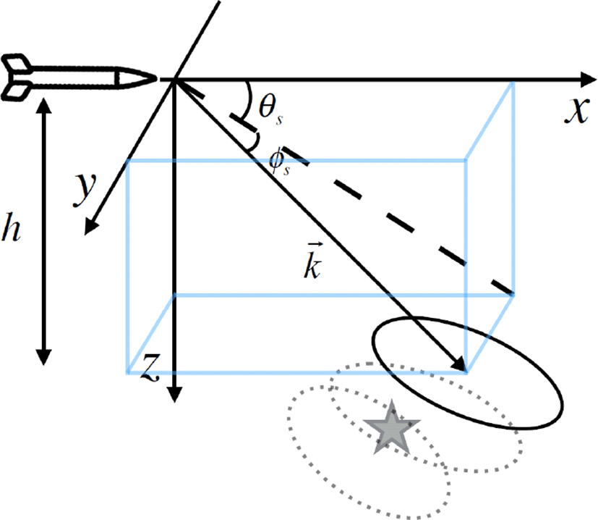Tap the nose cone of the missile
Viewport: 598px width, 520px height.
[x=136, y=78]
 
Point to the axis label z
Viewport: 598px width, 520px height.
[x=150, y=366]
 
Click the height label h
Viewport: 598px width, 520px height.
[x=12, y=227]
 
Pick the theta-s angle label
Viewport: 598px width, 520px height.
[x=270, y=109]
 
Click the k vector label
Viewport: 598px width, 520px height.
[x=312, y=261]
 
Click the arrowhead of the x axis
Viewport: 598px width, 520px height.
[x=587, y=80]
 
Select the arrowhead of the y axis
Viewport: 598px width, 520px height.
[x=90, y=227]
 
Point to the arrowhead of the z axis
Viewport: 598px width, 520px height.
[x=174, y=394]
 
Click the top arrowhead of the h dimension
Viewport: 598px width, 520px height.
[x=43, y=106]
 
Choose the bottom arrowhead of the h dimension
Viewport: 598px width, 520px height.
[x=43, y=357]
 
